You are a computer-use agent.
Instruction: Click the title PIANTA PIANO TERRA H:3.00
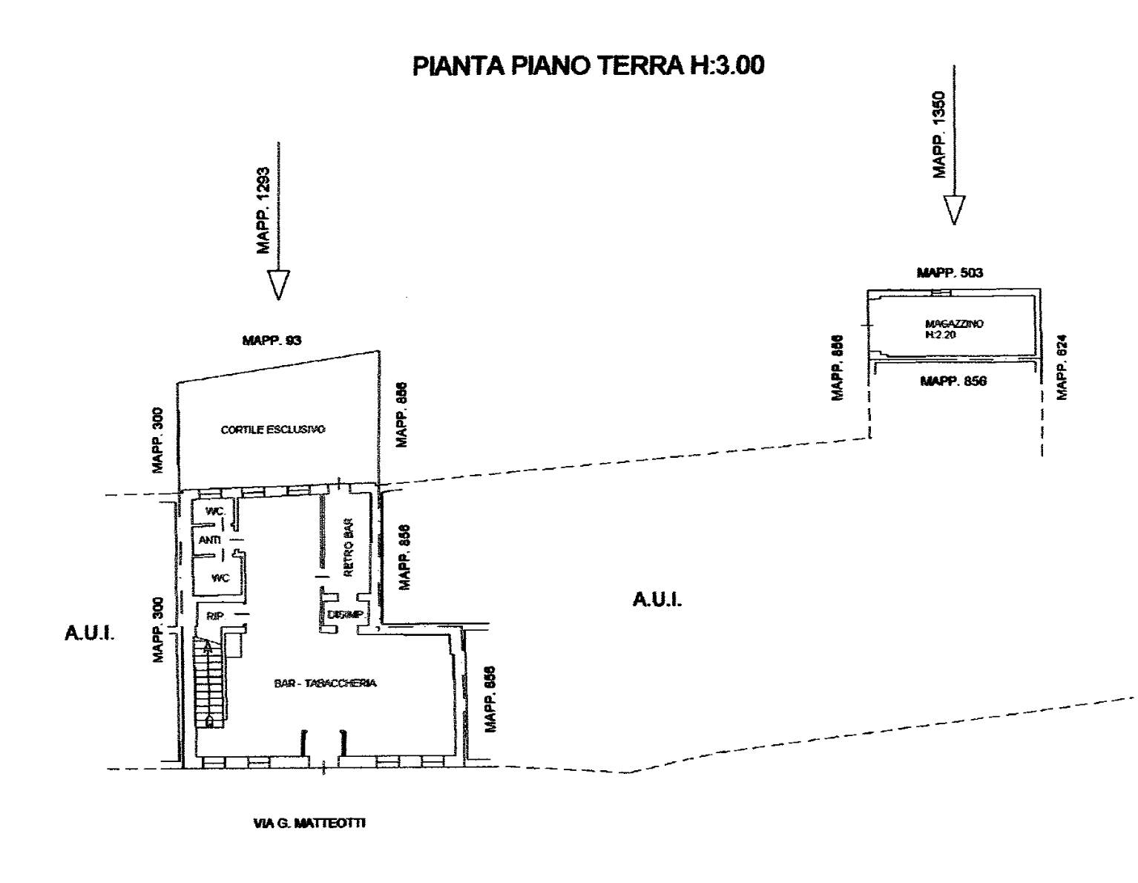(x=588, y=66)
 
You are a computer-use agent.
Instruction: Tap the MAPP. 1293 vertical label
(x=264, y=210)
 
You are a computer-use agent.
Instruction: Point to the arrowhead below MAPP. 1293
(x=278, y=284)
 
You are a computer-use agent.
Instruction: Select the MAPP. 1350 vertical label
(x=939, y=134)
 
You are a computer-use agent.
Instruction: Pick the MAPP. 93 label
(x=272, y=341)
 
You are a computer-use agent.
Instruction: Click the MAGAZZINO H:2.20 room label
(x=954, y=329)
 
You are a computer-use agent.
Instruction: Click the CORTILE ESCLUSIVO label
(x=273, y=430)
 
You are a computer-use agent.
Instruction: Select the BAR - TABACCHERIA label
(x=325, y=683)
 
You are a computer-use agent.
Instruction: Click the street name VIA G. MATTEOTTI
(x=309, y=823)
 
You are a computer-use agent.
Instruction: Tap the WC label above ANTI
(x=214, y=511)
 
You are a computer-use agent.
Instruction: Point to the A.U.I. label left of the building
(x=89, y=637)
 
